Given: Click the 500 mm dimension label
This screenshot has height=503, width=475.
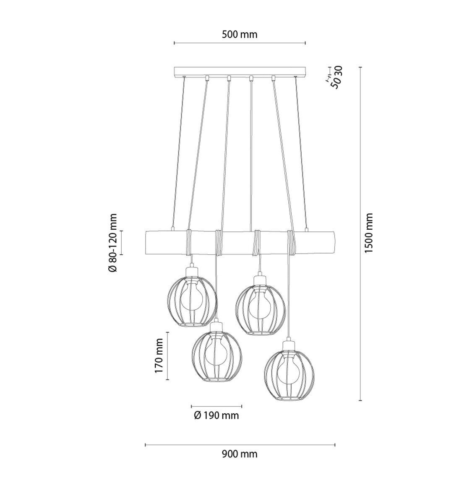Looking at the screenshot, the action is (x=240, y=34).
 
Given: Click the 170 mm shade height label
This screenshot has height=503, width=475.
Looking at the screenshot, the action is (x=159, y=355).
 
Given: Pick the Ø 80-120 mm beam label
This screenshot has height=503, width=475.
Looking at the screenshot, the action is (x=113, y=243).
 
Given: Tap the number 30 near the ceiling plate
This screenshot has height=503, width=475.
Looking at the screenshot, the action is (x=338, y=71).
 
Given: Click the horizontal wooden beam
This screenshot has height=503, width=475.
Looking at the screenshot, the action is (x=240, y=243).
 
